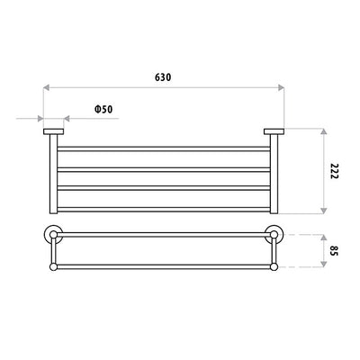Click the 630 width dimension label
coord(162,76)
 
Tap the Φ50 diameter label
coord(102,108)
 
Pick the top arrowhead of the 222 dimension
coord(323,131)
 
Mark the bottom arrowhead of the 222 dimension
coord(323,211)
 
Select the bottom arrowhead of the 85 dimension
coord(323,267)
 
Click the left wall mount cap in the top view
coord(52,133)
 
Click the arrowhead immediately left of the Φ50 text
coord(67,118)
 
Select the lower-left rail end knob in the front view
coord(53,267)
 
